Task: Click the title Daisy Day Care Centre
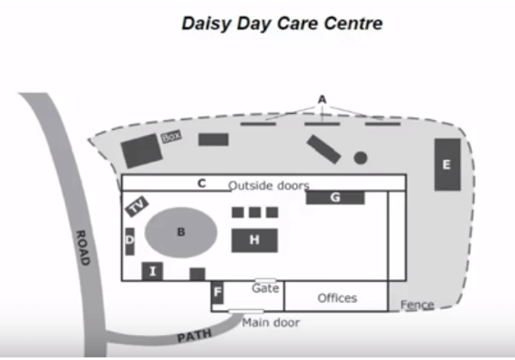click(282, 23)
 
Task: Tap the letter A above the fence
click(322, 99)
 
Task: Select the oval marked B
click(181, 233)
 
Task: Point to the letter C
click(202, 183)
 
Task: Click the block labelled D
click(130, 241)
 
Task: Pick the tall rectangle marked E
click(447, 164)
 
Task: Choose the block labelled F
click(217, 292)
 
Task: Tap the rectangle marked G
click(335, 197)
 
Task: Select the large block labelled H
click(255, 240)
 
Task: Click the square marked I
click(152, 271)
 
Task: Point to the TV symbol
click(137, 207)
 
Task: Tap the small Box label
click(171, 136)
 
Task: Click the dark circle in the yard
click(360, 158)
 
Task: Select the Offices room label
click(337, 298)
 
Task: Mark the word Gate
click(265, 289)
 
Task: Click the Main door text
click(271, 323)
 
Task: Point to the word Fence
click(417, 305)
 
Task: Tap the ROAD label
click(83, 248)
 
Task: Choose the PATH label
click(195, 336)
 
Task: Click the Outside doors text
click(269, 185)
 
